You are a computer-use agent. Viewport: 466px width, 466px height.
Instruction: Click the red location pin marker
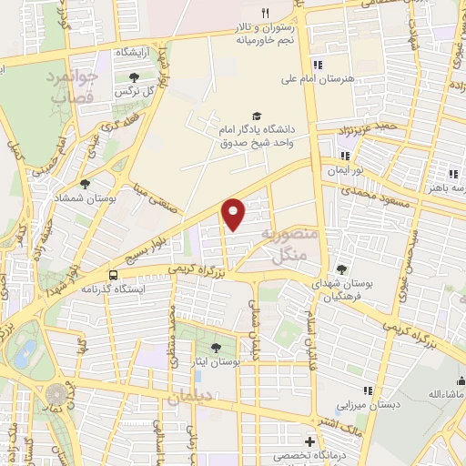234,214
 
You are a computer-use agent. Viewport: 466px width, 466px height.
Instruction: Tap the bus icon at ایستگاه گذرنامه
113,274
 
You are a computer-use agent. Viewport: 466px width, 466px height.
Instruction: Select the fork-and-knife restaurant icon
265,13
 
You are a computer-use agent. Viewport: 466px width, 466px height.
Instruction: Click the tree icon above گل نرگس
135,76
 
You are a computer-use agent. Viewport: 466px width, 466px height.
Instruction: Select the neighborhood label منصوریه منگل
289,244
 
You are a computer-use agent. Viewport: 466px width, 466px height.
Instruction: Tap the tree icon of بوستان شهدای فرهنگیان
340,268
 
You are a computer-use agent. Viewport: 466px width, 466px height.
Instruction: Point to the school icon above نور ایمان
344,155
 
